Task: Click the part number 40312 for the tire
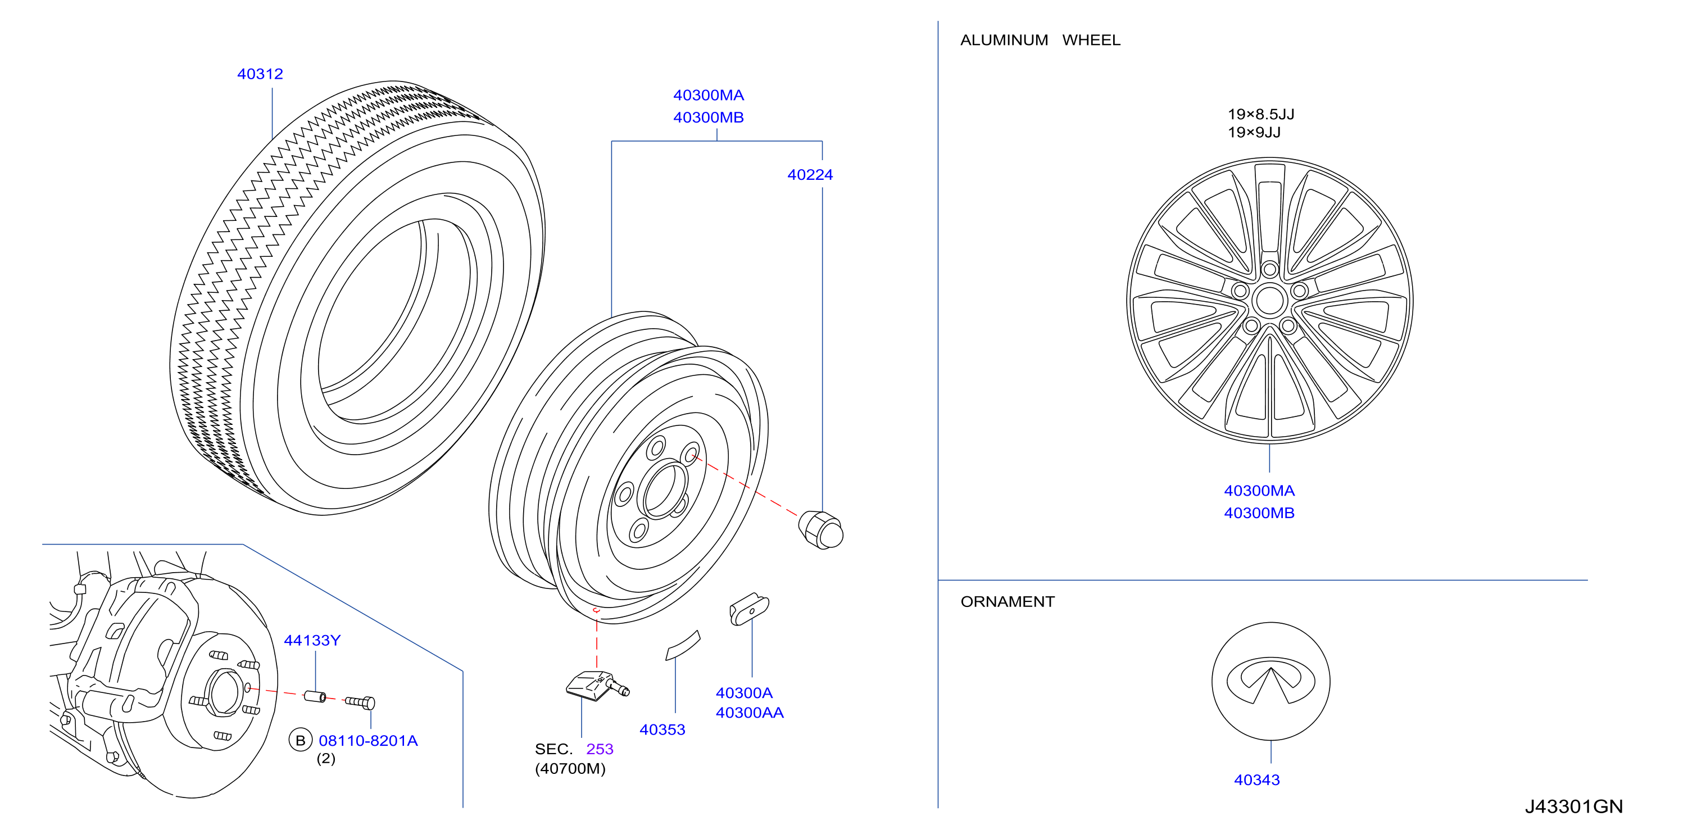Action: click(260, 74)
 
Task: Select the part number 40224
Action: click(810, 175)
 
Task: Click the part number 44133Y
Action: click(312, 640)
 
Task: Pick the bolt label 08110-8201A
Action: click(367, 740)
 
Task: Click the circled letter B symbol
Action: click(300, 740)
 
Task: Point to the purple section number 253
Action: click(600, 749)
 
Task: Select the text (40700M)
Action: click(570, 768)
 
